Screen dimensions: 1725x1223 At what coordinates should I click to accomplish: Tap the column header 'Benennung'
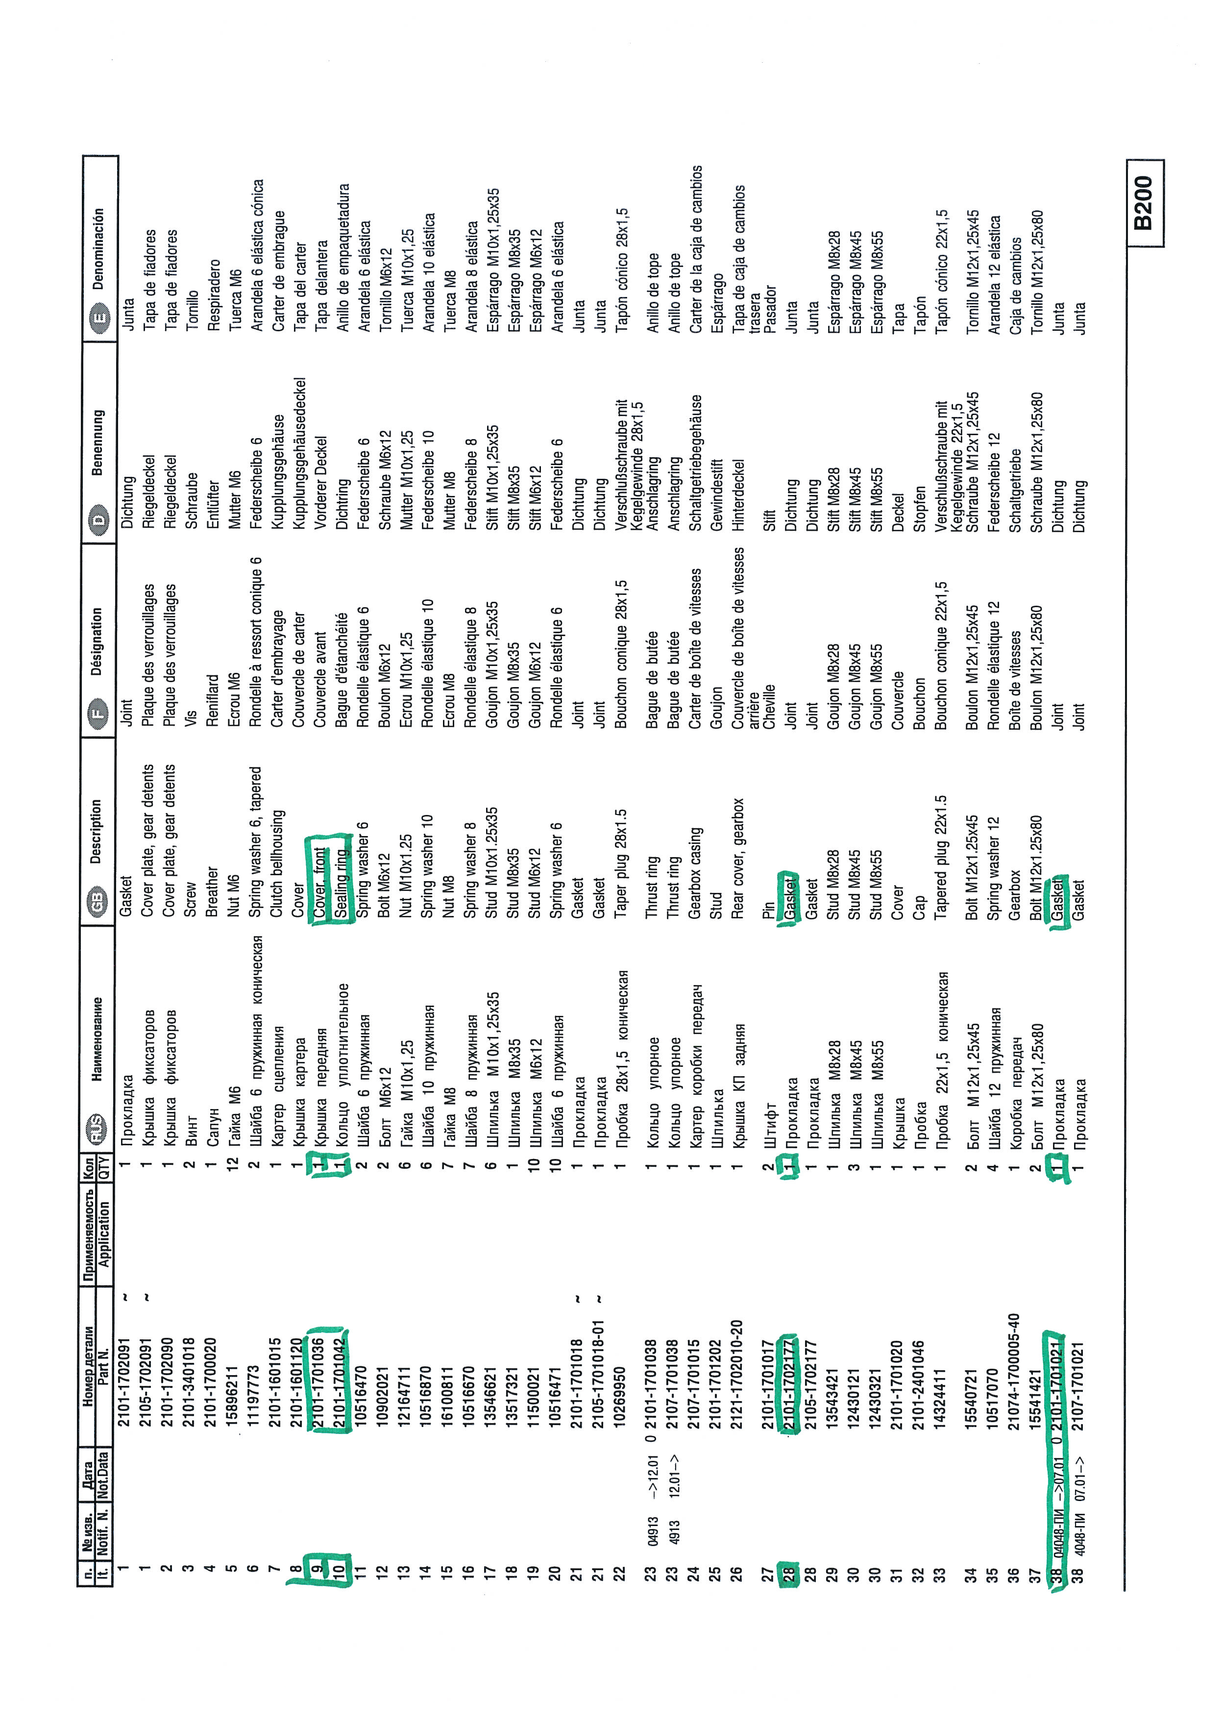pyautogui.click(x=98, y=442)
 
